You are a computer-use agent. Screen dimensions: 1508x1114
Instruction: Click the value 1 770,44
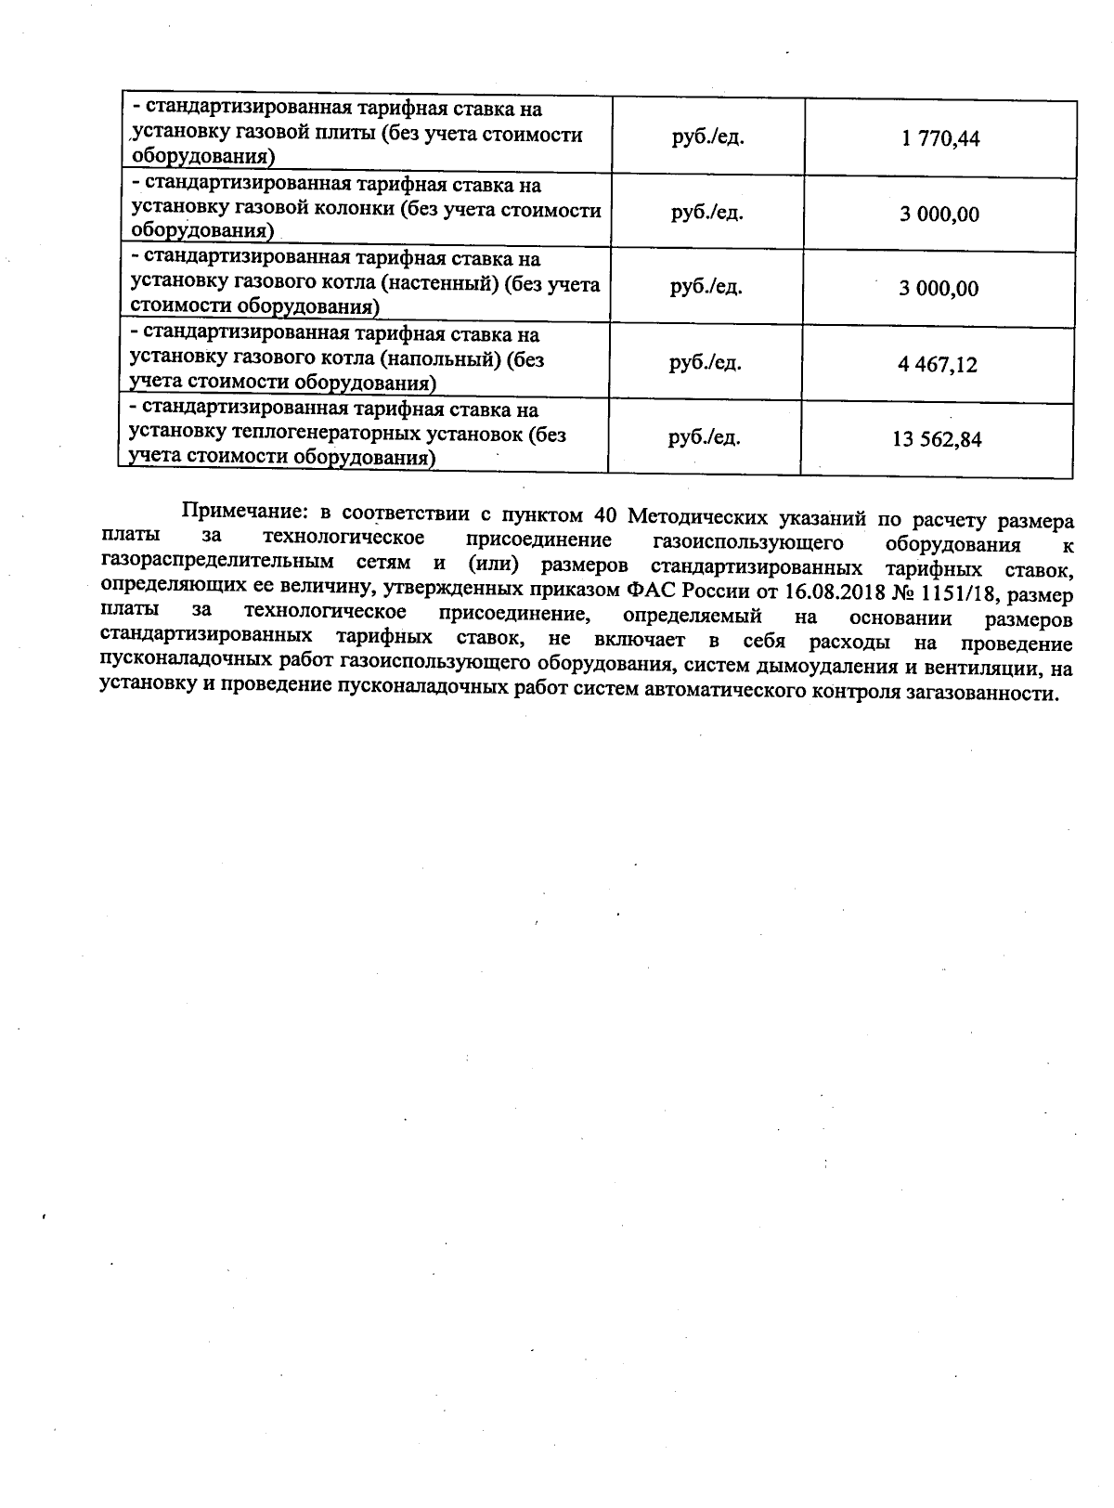939,140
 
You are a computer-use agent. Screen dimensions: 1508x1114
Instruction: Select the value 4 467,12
938,365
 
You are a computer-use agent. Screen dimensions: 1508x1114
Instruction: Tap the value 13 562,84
937,440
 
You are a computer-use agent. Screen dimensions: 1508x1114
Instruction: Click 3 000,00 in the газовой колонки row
939,214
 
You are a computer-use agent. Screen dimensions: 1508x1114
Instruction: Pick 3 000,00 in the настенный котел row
938,289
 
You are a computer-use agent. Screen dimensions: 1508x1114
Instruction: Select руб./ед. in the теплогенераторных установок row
705,437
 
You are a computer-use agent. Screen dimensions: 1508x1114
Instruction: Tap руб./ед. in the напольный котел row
706,362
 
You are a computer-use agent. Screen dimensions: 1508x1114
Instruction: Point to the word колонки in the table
356,209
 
